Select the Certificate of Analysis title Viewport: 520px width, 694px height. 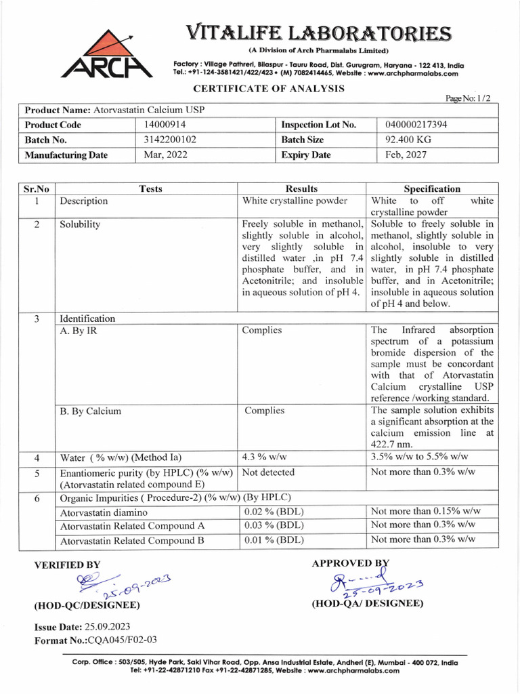point(269,89)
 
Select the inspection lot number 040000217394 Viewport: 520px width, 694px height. point(416,125)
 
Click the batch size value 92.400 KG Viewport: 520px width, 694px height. point(406,140)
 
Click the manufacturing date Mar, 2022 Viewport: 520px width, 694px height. point(166,155)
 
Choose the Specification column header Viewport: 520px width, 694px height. point(432,189)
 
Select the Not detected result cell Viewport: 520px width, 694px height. point(268,472)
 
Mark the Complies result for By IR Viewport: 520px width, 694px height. point(262,330)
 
